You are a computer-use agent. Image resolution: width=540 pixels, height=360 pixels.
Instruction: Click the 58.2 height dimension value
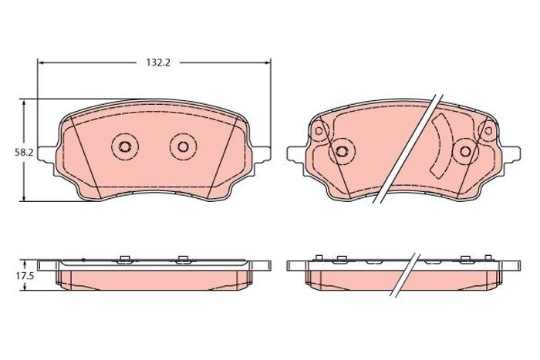(24, 153)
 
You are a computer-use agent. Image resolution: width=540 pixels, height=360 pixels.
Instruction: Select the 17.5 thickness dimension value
(24, 277)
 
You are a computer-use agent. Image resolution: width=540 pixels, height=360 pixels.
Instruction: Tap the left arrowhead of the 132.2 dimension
(42, 62)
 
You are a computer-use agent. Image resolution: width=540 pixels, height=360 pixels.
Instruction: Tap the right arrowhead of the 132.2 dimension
(267, 62)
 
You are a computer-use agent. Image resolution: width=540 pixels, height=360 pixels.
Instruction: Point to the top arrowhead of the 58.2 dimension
(24, 103)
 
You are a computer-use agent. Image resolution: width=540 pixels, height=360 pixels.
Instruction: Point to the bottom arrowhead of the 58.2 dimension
(24, 197)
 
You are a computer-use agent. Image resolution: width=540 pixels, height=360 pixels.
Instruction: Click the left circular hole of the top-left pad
(124, 146)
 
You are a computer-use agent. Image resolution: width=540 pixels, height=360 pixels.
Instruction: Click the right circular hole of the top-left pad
(183, 146)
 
